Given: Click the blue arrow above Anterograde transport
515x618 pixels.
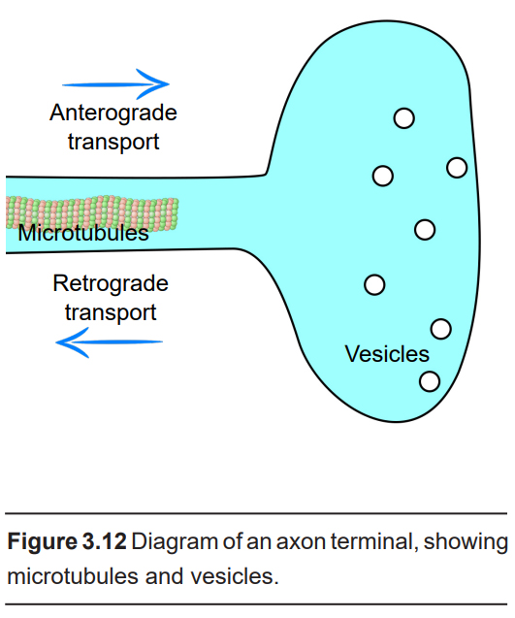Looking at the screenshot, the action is point(115,84).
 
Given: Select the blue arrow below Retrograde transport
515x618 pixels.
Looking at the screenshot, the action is point(110,342).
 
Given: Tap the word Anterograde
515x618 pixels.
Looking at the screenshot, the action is point(113,114).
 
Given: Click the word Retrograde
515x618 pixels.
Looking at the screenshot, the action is point(111,284).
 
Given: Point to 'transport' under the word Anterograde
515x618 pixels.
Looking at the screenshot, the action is point(113,143).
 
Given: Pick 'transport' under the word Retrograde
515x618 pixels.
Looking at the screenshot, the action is point(111,313).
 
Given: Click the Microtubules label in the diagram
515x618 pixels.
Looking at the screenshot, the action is point(83,233).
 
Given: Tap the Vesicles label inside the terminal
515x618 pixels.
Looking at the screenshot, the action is point(387,354).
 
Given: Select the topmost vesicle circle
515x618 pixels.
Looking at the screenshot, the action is point(403,117).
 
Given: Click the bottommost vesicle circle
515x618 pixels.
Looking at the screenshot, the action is point(430,381).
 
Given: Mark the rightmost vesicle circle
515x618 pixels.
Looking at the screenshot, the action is point(457,168).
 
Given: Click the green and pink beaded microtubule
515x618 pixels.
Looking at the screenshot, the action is point(92,212).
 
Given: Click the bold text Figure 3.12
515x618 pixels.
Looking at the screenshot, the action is point(67,541).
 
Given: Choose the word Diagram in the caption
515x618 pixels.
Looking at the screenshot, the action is point(175,541).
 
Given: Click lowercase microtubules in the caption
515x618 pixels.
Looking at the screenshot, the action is point(73,576).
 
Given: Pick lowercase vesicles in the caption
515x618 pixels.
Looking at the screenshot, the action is point(235,576).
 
